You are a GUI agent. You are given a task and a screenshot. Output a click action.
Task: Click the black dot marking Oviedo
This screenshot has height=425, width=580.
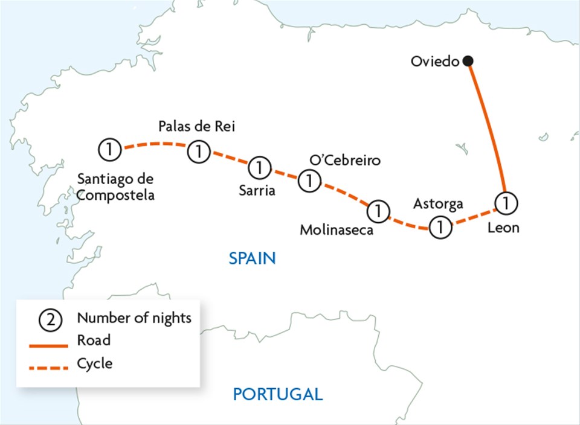point(468,61)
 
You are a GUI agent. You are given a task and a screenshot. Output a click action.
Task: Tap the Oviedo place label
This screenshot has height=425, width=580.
point(435,62)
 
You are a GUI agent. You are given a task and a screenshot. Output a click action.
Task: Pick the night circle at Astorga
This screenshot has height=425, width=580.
point(440,228)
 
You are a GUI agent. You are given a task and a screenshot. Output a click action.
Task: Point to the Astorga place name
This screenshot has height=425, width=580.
point(438,204)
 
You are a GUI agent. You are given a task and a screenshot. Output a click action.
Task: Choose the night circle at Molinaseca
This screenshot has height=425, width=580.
point(378,211)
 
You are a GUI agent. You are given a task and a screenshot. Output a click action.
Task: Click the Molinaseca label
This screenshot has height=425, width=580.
point(337,230)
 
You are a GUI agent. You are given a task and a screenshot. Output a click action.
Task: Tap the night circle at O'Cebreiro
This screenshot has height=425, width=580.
point(309,180)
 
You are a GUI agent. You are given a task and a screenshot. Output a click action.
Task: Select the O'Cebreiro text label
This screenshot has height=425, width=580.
point(345,161)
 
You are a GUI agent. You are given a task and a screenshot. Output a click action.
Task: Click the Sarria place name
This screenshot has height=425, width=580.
point(256,191)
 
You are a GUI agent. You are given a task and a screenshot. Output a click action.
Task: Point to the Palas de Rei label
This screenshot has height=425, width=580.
point(196,126)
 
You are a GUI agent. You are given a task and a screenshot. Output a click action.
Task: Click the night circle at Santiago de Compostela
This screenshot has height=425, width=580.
point(109,148)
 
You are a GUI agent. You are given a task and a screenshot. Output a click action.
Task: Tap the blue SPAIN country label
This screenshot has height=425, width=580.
point(252,259)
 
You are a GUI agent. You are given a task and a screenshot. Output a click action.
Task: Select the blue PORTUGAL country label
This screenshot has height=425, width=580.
point(278,395)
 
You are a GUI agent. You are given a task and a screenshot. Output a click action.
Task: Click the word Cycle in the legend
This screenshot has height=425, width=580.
point(95,364)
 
